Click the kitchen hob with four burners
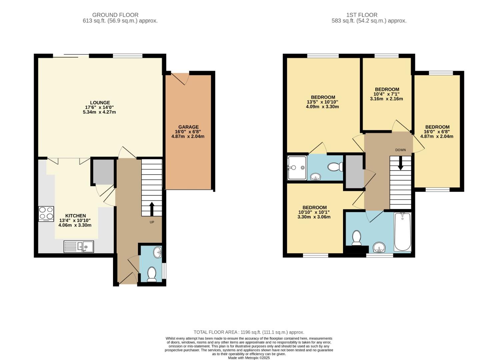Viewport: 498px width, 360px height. pyautogui.click(x=46, y=214)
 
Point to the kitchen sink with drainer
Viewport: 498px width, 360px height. pyautogui.click(x=79, y=247)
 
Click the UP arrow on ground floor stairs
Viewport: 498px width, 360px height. pyautogui.click(x=152, y=209)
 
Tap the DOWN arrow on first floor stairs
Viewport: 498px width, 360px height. pyautogui.click(x=400, y=163)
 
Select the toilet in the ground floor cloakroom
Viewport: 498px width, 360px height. pyautogui.click(x=152, y=274)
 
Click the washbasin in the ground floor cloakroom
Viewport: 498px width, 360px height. pyautogui.click(x=158, y=252)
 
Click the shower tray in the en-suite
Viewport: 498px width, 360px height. pyautogui.click(x=297, y=168)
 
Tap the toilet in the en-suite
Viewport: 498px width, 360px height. pyautogui.click(x=335, y=166)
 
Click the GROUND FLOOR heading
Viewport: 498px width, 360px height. pyautogui.click(x=115, y=15)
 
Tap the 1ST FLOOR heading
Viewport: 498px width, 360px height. pyautogui.click(x=362, y=15)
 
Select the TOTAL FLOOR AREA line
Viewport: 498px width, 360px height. pyautogui.click(x=249, y=332)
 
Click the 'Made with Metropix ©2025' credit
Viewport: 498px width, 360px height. pyautogui.click(x=249, y=358)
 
